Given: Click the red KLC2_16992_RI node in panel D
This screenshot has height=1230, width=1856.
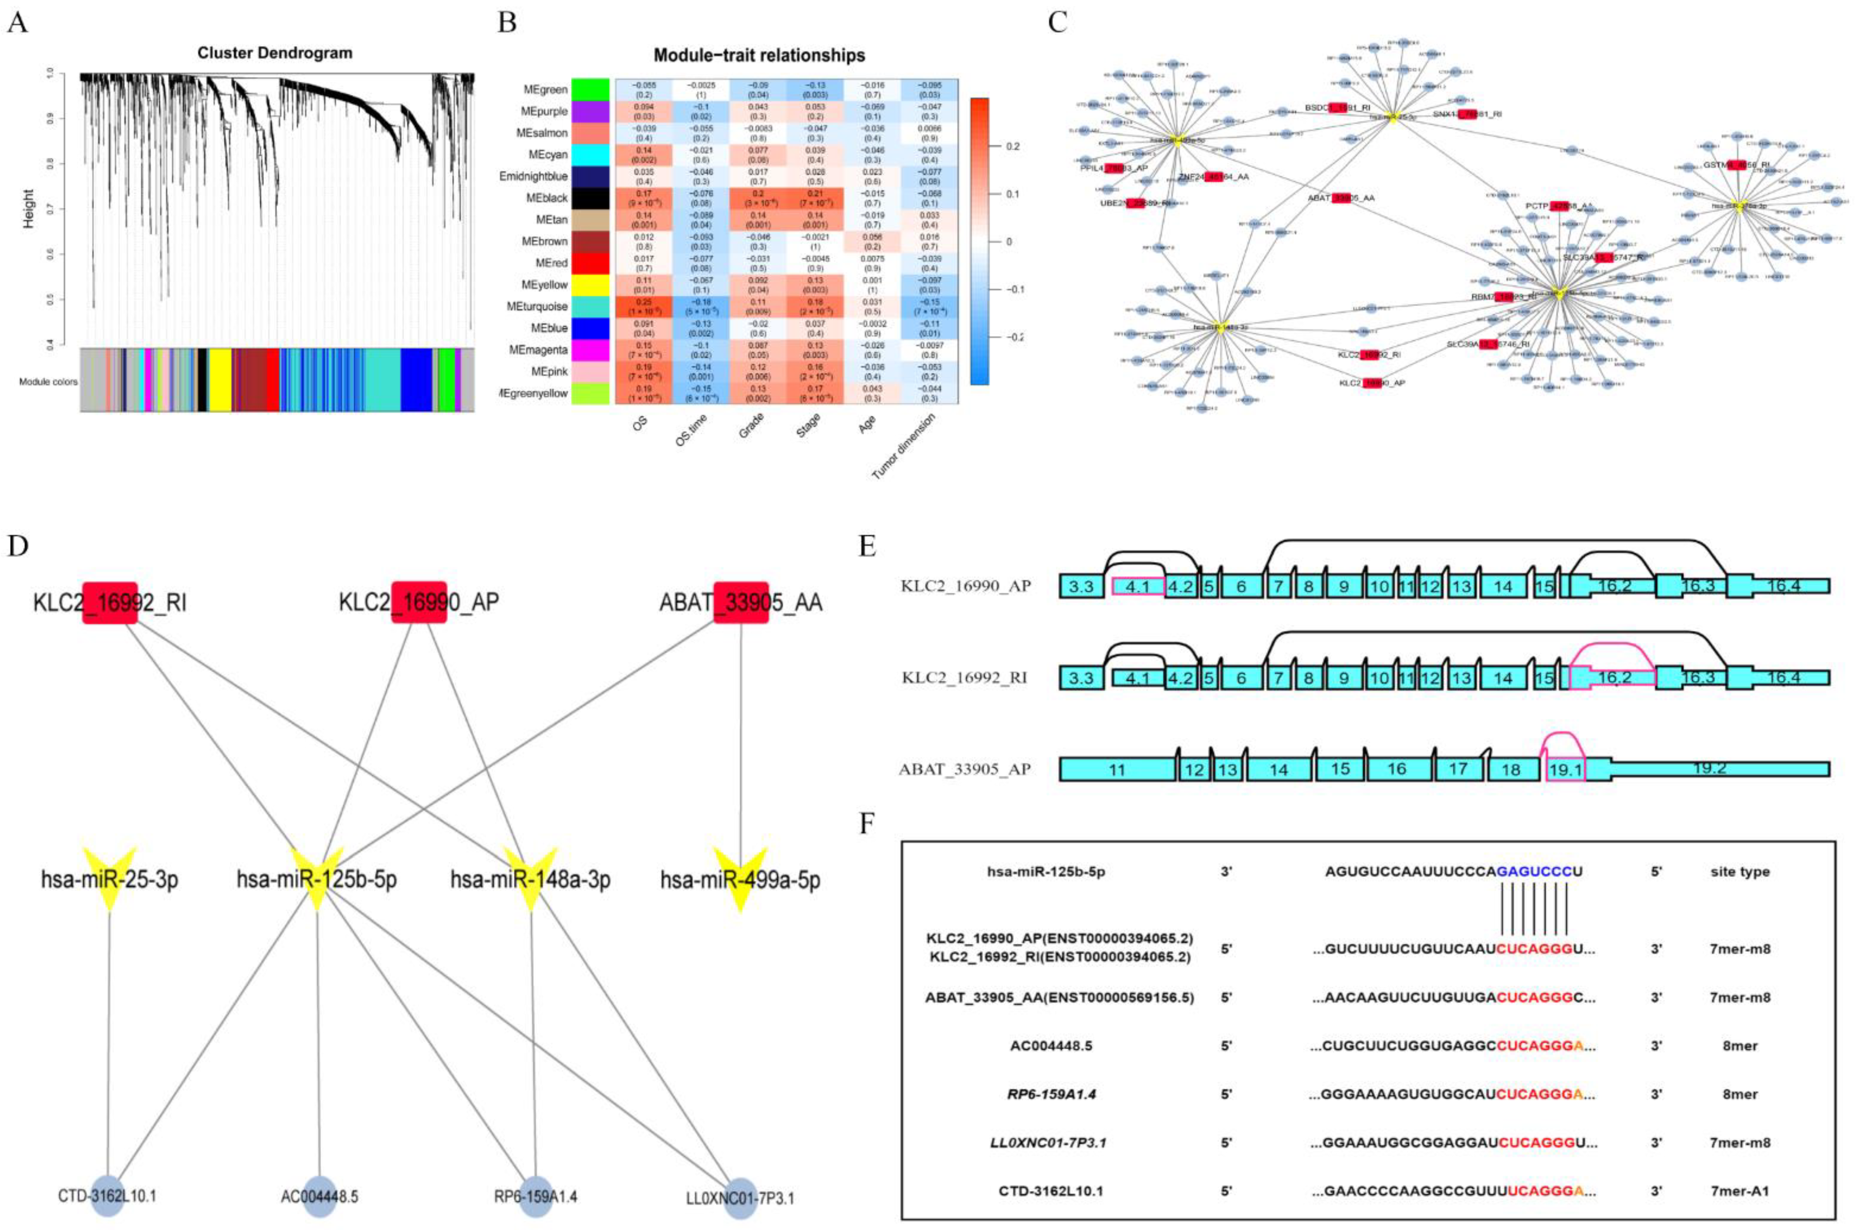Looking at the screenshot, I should coord(110,603).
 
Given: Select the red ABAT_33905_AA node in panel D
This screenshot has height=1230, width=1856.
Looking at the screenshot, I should coord(740,603).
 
